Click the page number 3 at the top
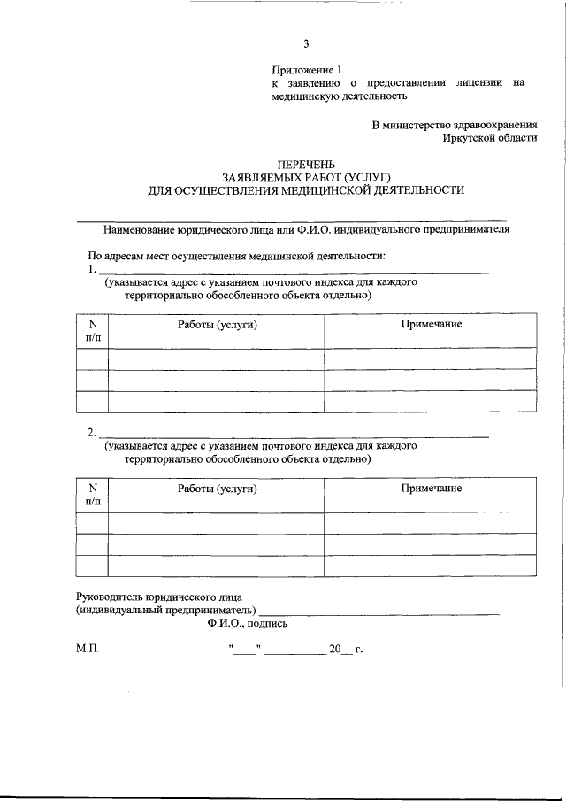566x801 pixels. (x=306, y=44)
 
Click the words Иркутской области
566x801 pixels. (x=490, y=138)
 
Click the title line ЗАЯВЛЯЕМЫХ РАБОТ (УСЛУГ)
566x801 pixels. (x=305, y=177)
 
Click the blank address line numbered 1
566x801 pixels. (x=292, y=270)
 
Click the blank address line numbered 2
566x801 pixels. (x=292, y=434)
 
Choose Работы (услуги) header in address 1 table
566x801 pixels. (x=217, y=325)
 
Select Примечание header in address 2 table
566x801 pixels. (x=431, y=489)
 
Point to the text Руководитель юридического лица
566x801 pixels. (x=159, y=597)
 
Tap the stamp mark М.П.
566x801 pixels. (x=88, y=650)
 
